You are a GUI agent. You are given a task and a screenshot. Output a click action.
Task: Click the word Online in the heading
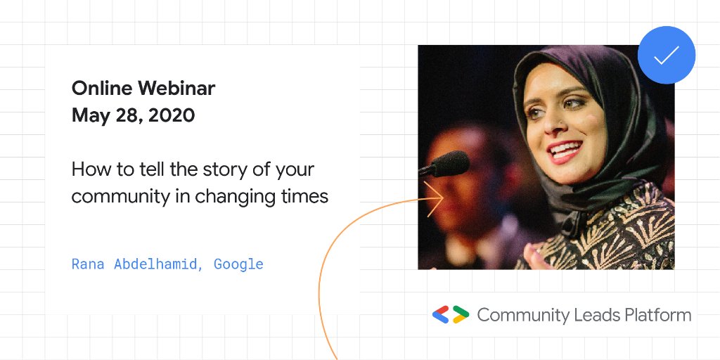102,89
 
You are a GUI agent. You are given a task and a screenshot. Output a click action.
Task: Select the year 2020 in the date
171,115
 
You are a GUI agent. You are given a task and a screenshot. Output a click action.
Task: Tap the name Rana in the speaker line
88,264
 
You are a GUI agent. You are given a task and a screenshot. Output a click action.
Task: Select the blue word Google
238,264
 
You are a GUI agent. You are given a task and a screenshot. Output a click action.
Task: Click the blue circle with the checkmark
666,56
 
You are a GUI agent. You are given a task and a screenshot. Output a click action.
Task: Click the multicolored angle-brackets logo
450,315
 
